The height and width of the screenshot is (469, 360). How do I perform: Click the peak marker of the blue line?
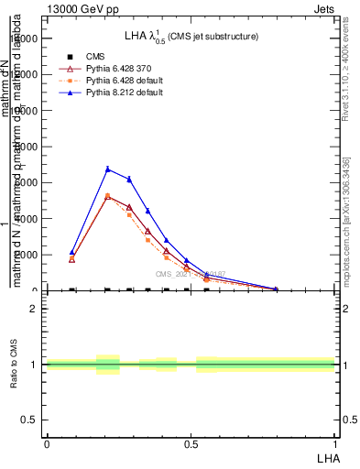(108, 169)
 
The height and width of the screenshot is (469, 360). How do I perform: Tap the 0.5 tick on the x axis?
(191, 443)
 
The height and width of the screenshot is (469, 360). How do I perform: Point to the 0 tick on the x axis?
(47, 443)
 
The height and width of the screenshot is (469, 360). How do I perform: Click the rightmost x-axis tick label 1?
(334, 443)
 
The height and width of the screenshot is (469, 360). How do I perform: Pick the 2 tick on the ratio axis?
(34, 309)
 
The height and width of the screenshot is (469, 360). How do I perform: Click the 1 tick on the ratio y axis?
(34, 365)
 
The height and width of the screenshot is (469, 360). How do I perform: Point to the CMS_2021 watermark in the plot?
(190, 273)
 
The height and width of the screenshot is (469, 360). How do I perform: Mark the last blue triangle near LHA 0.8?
(277, 289)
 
